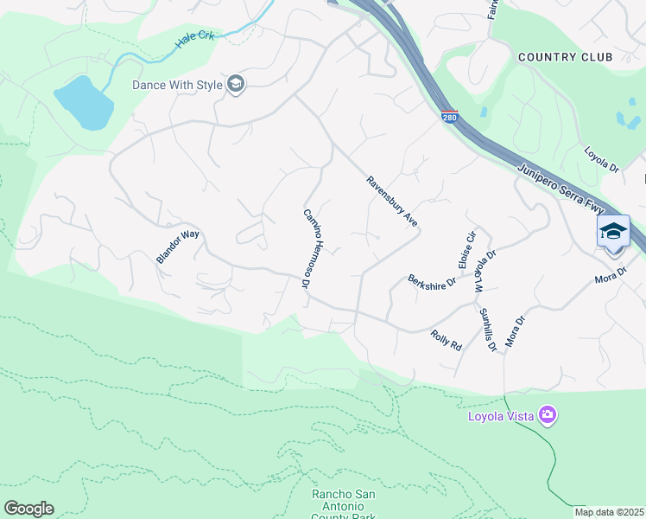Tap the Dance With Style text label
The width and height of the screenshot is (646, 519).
coord(177,85)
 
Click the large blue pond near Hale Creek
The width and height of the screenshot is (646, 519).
coord(83,101)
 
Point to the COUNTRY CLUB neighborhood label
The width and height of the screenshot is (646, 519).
coord(565,57)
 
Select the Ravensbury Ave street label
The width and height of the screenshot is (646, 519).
coord(391,202)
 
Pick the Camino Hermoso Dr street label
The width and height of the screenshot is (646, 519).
coord(306,247)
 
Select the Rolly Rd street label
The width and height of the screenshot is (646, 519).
coord(446,340)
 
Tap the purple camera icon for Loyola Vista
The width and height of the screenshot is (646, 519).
coord(547,416)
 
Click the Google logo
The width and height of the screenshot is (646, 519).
coord(28,509)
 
